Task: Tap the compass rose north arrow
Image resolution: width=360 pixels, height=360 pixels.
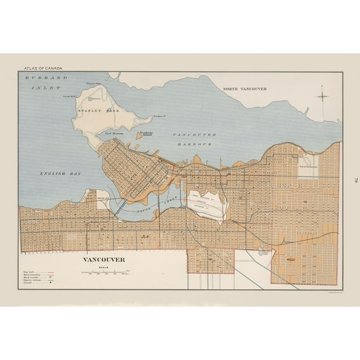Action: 322,96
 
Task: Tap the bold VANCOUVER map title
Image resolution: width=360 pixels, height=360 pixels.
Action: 104,259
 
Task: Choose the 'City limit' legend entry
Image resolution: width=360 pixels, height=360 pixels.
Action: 31,271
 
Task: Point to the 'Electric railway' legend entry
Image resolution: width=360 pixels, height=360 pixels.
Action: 32,281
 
